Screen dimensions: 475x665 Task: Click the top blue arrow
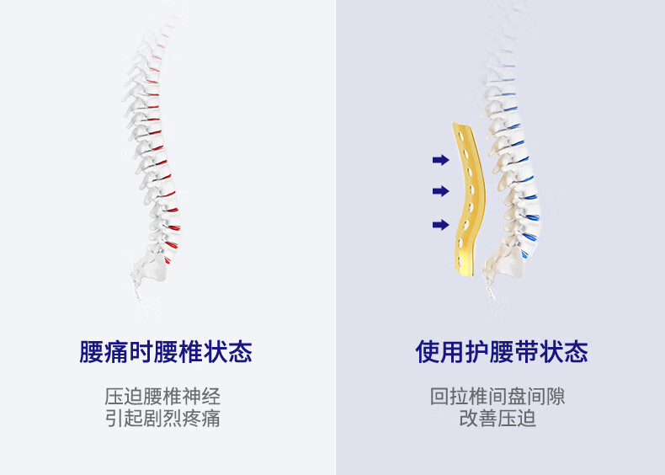(440, 158)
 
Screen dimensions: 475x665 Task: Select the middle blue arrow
(440, 191)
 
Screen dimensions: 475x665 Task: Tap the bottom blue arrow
(440, 224)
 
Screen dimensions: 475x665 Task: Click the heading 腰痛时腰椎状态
(166, 351)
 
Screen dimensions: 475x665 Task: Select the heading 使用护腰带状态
(502, 351)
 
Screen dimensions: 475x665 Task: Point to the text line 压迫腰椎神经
(162, 397)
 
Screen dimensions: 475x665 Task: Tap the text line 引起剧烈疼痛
(162, 418)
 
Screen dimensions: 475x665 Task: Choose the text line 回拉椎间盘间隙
(497, 397)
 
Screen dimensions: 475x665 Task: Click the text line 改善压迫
(497, 418)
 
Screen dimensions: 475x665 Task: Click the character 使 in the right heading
(427, 351)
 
